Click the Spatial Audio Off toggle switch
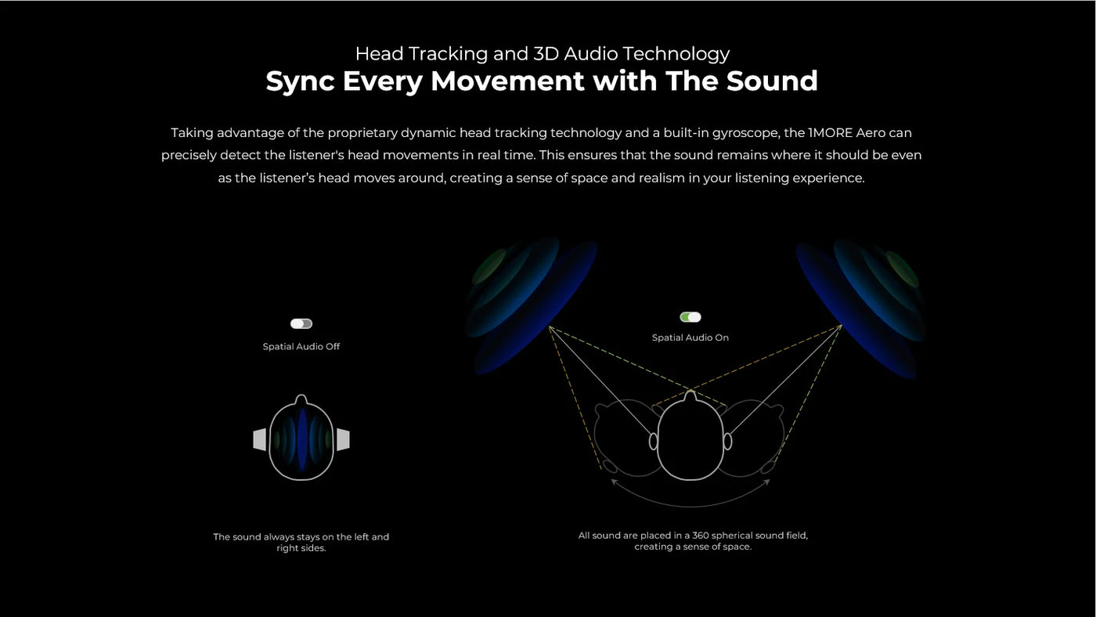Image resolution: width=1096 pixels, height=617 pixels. point(301,323)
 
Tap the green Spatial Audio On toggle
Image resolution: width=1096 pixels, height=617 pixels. point(690,317)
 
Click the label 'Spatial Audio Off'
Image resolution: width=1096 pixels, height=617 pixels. point(301,346)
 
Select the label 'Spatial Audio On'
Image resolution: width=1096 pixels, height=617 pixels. point(690,337)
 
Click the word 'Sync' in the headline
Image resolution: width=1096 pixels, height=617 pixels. point(300,81)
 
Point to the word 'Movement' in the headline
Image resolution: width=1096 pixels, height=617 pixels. point(507,81)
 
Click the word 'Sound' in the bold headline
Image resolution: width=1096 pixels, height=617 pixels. point(772,81)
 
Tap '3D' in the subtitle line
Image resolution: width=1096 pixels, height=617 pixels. point(546,54)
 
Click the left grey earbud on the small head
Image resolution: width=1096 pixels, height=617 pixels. point(259,439)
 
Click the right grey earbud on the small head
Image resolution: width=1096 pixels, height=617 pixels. point(344,439)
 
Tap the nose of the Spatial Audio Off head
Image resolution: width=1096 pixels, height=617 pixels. point(301,399)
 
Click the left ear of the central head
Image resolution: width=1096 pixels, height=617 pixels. point(653,442)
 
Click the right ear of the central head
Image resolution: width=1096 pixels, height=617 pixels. point(727,442)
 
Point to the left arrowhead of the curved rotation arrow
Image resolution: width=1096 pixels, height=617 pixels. point(613,482)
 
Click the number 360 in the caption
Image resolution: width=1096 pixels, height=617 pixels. point(700,536)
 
